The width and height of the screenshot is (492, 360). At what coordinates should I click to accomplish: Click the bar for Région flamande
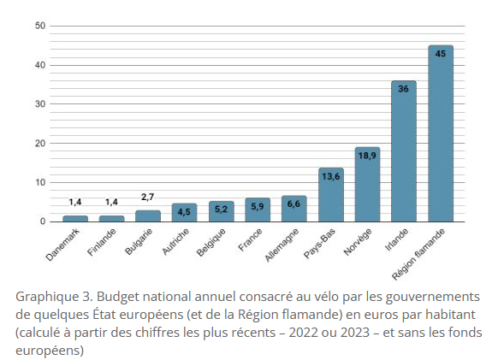[x=441, y=133]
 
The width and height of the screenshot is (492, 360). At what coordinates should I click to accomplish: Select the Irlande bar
[x=404, y=151]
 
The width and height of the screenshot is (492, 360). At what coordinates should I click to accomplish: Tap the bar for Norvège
[x=367, y=185]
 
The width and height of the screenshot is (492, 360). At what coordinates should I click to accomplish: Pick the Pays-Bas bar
[x=331, y=195]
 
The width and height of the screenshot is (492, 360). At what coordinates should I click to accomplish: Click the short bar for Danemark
[x=75, y=219]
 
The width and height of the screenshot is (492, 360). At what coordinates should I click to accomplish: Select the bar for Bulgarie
[x=148, y=216]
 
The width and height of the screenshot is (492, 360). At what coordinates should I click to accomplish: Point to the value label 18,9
[x=367, y=156]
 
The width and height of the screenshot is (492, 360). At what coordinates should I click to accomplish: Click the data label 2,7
[x=147, y=197]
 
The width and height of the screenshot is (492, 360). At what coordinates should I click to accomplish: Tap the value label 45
[x=440, y=54]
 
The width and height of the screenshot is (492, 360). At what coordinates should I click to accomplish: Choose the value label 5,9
[x=258, y=207]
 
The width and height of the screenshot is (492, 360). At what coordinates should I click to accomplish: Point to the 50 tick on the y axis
[x=40, y=26]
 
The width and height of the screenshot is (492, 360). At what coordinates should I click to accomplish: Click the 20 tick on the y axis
[x=40, y=144]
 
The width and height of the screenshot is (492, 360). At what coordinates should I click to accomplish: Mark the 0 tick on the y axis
[x=43, y=221]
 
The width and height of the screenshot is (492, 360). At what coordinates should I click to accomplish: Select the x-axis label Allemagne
[x=282, y=245]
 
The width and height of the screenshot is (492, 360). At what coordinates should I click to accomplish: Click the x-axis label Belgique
[x=210, y=242]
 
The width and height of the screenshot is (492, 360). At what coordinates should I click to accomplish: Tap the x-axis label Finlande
[x=101, y=242]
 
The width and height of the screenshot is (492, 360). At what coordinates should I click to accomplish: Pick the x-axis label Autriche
[x=175, y=241]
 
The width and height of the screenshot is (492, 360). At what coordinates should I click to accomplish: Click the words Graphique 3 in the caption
[x=54, y=297]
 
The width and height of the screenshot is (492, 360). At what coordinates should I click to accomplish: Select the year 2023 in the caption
[x=352, y=332]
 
